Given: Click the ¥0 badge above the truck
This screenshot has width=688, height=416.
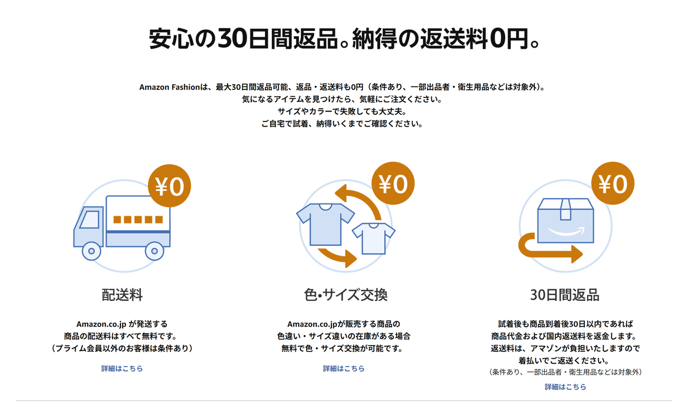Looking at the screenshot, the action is (169, 186).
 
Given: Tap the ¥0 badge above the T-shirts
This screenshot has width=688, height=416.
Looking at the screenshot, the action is (393, 183).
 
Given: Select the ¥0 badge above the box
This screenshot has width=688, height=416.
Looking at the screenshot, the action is (613, 183).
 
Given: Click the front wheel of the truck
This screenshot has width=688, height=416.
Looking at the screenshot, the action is (91, 251).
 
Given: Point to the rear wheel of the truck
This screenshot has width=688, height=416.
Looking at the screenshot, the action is (154, 251).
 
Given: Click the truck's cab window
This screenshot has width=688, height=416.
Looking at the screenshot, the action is (89, 219).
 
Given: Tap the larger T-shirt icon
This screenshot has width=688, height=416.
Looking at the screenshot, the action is (325, 224).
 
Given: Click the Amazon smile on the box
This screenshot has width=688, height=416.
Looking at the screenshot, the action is (566, 232).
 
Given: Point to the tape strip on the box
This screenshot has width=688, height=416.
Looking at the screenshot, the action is (565, 209).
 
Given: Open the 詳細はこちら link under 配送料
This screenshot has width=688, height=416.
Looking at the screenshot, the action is (122, 368).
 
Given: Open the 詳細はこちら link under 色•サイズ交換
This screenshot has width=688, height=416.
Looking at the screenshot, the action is (343, 368).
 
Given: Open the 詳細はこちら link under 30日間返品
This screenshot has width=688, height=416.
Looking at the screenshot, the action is (565, 387).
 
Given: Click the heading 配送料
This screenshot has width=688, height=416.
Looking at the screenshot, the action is (122, 295).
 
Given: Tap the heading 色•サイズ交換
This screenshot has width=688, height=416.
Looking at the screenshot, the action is (346, 295).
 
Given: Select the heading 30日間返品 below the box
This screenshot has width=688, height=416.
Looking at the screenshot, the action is (565, 295).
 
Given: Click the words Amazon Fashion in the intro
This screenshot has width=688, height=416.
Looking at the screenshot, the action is (170, 87).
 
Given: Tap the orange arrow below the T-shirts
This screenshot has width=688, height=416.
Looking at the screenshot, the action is (338, 257).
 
